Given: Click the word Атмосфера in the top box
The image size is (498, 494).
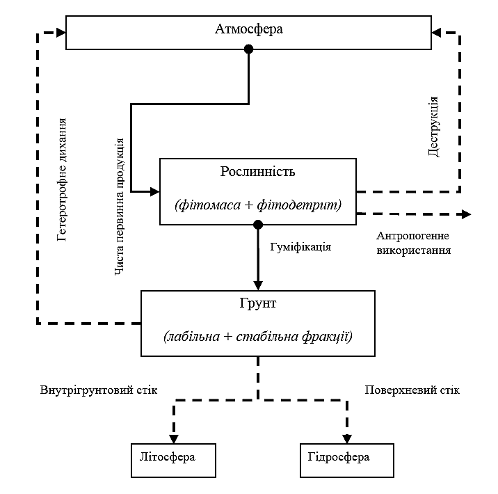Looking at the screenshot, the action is tap(249, 29).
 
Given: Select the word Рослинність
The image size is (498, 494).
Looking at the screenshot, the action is tap(257, 172).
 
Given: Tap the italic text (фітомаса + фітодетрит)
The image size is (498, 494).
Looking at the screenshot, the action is tap(258, 205).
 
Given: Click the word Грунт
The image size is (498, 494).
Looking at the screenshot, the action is tap(257, 303).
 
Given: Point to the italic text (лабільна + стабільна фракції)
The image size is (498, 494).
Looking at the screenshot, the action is tap(258, 337).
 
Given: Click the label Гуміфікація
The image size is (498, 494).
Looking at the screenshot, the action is tap(300, 247).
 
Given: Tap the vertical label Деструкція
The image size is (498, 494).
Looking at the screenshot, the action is tap(433, 127).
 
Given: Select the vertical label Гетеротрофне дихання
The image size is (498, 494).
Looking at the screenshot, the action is tap(62, 180).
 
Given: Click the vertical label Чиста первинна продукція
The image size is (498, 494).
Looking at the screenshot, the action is tap(119, 207).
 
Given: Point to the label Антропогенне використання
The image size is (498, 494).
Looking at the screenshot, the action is tap(414, 243).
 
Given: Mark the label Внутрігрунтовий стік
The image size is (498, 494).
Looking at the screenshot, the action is tap(99, 390).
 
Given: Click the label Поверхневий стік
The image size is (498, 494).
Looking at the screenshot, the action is tap(412, 390).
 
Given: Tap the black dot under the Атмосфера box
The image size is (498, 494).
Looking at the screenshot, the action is tap(249, 49).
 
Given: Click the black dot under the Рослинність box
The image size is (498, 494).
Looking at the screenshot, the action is tap(258, 225).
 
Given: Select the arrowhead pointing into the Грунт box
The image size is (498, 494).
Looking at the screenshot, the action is tap(258, 285).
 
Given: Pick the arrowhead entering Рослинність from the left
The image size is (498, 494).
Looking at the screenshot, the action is tap(154, 191).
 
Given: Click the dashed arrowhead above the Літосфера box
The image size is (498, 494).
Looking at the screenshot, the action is tap(174, 439).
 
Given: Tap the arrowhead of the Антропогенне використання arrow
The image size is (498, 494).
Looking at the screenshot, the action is tap(466, 214).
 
